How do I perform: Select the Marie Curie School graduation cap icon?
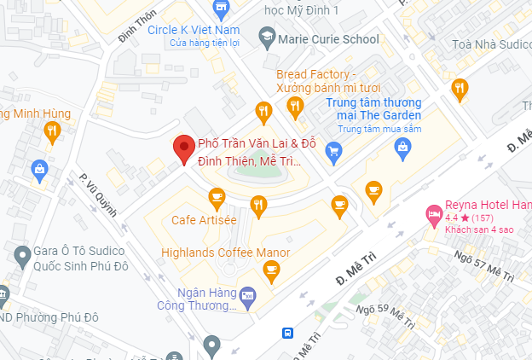268,38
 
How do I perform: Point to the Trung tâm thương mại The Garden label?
374,109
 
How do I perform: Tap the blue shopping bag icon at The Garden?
403,149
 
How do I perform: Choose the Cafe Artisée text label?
204,220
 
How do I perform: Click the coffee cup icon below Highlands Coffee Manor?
272,272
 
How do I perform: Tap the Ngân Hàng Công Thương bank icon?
248,295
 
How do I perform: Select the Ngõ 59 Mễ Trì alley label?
385,315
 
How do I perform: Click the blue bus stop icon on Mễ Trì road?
288,332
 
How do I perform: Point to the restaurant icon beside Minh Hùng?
53,131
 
